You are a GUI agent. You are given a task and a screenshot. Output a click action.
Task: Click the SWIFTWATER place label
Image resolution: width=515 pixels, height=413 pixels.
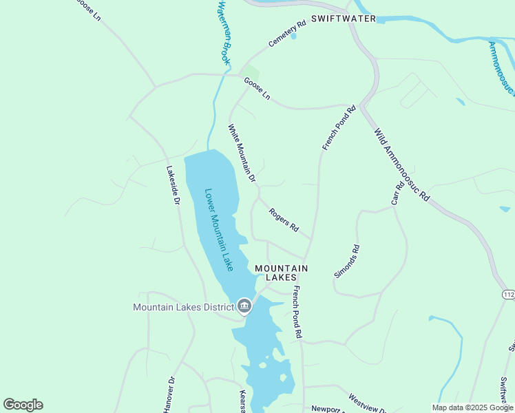[344, 19]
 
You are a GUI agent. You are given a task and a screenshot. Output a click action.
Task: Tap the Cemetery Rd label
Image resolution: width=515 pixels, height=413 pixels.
[287, 34]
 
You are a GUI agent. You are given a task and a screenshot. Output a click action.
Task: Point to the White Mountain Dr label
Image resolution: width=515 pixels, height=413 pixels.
[242, 153]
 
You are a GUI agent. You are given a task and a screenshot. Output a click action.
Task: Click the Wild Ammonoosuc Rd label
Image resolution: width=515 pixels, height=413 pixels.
[401, 164]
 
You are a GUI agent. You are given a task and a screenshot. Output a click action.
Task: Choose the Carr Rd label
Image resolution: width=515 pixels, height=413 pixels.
[398, 193]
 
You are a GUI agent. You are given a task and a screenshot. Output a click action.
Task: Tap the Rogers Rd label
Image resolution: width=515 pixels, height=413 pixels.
[284, 220]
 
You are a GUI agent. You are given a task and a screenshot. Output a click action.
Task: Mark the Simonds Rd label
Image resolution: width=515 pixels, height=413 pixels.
[346, 261]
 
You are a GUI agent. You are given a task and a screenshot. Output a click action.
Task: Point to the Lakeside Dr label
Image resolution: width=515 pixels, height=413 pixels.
[172, 185]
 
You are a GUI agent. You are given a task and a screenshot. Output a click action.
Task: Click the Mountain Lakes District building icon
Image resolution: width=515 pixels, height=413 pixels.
[244, 306]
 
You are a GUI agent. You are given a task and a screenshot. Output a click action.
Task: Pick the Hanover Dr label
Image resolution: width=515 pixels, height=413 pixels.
[169, 395]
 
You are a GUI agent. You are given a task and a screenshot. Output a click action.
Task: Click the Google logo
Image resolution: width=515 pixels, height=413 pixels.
[23, 405]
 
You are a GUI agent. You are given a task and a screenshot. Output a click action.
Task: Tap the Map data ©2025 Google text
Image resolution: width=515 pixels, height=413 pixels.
[472, 407]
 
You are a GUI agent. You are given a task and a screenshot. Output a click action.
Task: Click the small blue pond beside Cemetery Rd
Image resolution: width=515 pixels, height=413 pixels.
[293, 36]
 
